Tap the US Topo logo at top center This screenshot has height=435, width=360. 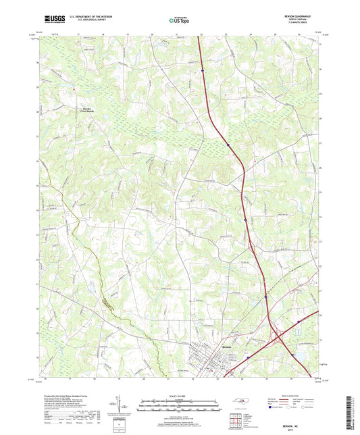coord(179,21)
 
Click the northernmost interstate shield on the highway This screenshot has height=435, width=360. coord(202,69)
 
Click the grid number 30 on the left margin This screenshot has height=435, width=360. coord(37,63)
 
